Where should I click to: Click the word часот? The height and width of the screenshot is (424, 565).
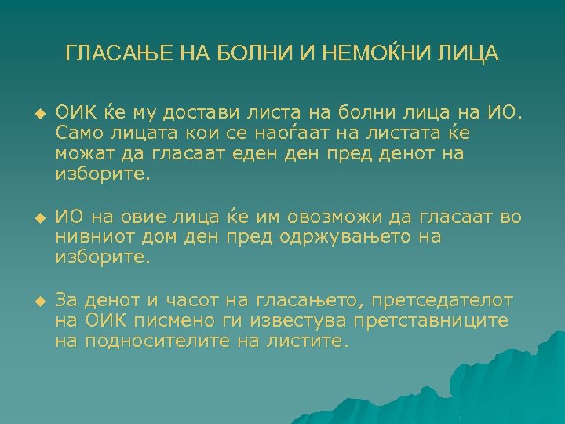pyautogui.click(x=191, y=301)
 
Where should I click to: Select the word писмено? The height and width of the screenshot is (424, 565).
pyautogui.click(x=169, y=321)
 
